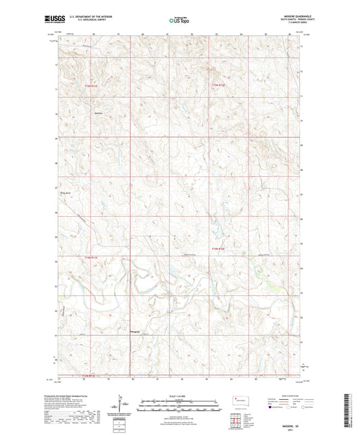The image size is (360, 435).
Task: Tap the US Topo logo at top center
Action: tap(179, 22)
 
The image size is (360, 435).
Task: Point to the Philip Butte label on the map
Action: tap(66, 195)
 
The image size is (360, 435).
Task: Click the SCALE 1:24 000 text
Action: tap(180, 395)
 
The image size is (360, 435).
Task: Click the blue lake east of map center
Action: tap(218, 233)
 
